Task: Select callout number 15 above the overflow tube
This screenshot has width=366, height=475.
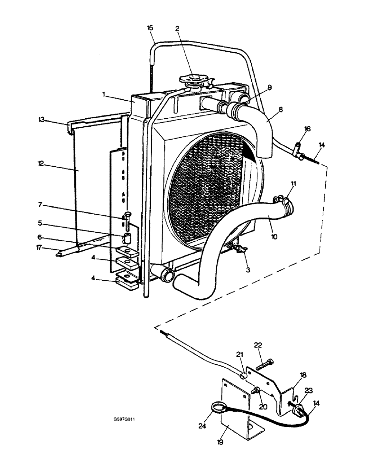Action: coord(150,28)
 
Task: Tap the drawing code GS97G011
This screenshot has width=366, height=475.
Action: coord(124,420)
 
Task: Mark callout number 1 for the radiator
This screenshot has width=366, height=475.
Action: coord(103,95)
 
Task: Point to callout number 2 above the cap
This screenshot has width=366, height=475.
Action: coord(177,28)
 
